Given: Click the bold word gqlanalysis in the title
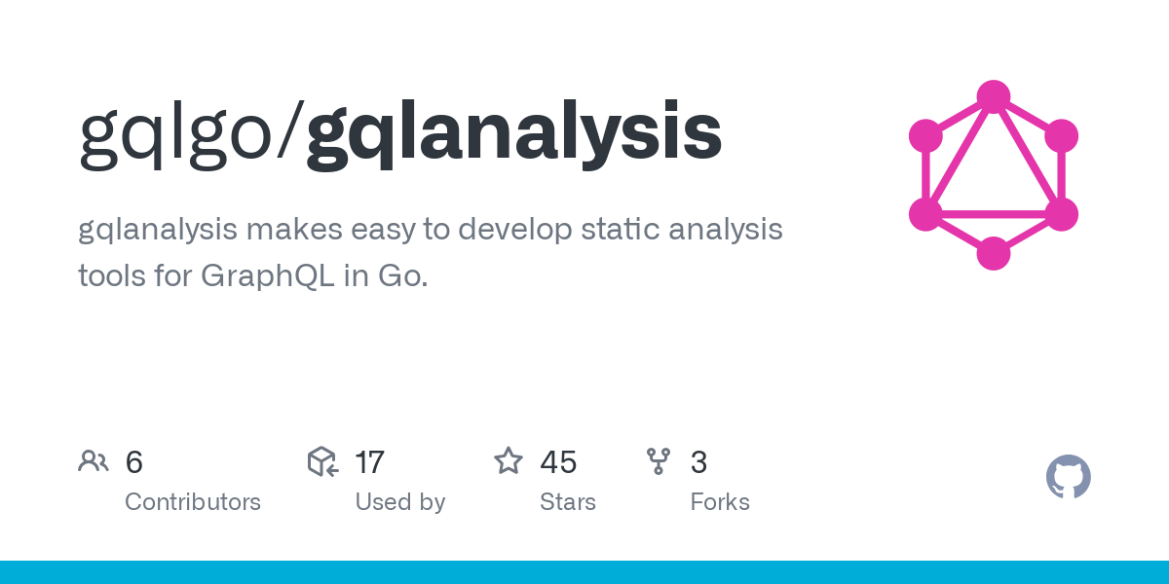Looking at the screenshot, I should [x=513, y=135].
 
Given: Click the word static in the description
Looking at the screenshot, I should [x=609, y=230].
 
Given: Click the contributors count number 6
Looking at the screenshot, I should [x=134, y=462].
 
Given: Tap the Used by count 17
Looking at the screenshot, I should [x=369, y=462].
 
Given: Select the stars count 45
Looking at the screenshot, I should [x=558, y=462].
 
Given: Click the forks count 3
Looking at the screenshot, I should [x=698, y=462].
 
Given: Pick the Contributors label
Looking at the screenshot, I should [x=193, y=502].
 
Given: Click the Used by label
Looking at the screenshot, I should [x=399, y=502].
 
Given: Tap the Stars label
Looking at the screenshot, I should [x=567, y=502].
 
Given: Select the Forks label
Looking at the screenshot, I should [x=720, y=502].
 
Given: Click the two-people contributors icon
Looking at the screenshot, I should [x=94, y=461].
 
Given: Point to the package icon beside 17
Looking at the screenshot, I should [x=322, y=461].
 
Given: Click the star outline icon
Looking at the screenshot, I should [x=509, y=461].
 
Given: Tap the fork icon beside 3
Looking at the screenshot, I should [x=660, y=461].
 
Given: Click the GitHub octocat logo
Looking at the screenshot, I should [x=1068, y=477].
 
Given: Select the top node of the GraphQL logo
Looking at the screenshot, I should [x=993, y=96].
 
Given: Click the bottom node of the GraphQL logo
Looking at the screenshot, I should [x=993, y=253].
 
